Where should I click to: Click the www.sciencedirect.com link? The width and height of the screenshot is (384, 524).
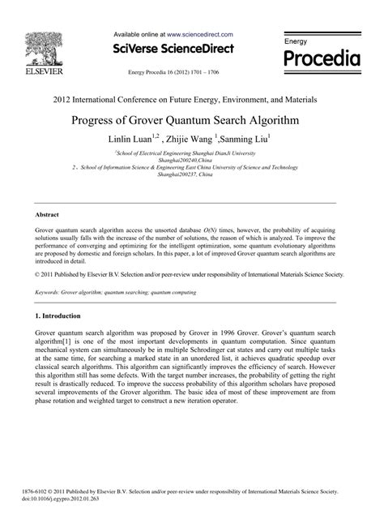(200, 35)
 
